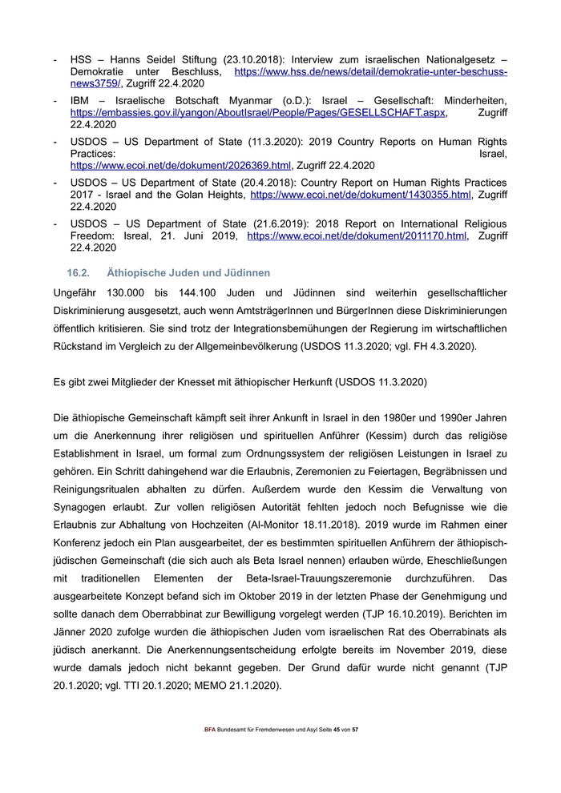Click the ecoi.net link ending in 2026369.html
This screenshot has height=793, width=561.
(180, 166)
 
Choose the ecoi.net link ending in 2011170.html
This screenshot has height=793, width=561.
(357, 236)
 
